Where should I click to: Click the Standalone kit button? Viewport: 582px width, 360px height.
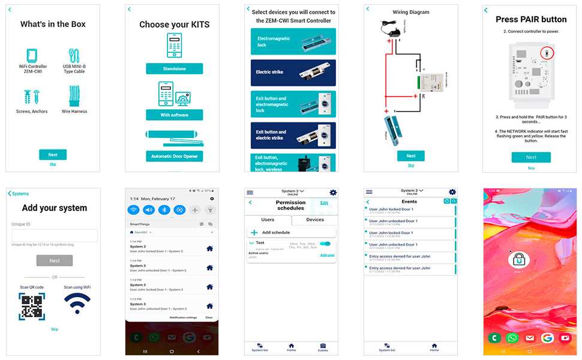click(174, 69)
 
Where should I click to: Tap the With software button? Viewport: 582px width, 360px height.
click(174, 115)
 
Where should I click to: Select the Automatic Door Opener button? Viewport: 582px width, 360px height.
click(174, 156)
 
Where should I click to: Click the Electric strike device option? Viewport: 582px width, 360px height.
click(293, 73)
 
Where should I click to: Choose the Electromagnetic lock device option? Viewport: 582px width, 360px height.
click(293, 41)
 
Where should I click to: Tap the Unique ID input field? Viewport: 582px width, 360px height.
click(55, 236)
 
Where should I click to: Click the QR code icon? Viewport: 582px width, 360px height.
click(31, 305)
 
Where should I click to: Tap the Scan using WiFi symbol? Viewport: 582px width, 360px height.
click(77, 304)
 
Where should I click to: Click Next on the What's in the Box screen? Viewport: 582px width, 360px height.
click(53, 154)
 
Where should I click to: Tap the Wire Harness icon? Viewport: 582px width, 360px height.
click(74, 96)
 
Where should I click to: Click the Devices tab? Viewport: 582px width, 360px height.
click(315, 220)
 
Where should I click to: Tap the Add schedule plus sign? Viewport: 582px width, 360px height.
click(254, 232)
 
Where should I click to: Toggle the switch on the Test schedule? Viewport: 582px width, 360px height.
click(326, 244)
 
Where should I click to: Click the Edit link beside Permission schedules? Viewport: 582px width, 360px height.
click(324, 203)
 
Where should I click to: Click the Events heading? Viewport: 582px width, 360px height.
click(409, 202)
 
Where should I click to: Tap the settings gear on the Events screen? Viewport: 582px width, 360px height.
click(452, 192)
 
